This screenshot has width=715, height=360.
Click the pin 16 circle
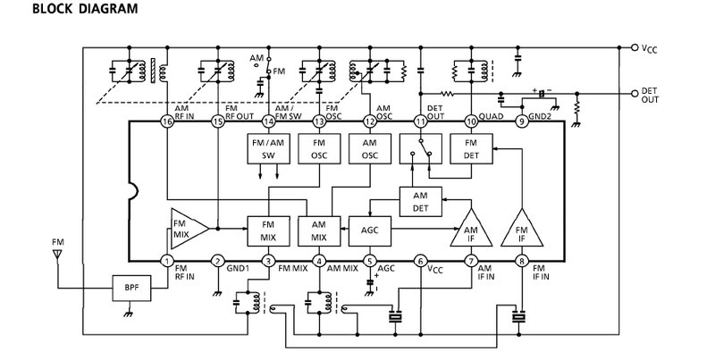click(x=168, y=121)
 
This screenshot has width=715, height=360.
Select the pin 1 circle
click(x=168, y=261)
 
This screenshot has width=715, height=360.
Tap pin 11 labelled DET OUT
click(x=420, y=121)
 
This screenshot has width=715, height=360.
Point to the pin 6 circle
click(x=420, y=261)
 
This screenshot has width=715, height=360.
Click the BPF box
click(x=131, y=288)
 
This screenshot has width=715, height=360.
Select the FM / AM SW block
click(x=268, y=148)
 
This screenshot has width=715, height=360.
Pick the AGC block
click(x=370, y=231)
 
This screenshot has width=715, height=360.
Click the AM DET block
click(x=420, y=202)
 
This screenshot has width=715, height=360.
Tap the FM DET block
click(x=471, y=148)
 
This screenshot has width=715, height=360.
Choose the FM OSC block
click(x=319, y=148)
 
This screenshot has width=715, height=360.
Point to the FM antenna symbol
click(x=57, y=254)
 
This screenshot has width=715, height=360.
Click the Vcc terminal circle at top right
click(x=635, y=47)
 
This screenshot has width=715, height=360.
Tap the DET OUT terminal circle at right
click(x=635, y=94)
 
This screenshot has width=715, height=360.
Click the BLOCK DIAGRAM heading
click(x=85, y=9)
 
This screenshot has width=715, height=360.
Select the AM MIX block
click(x=319, y=231)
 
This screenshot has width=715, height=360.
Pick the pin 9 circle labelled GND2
click(x=522, y=121)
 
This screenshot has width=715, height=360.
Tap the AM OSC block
click(x=370, y=148)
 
